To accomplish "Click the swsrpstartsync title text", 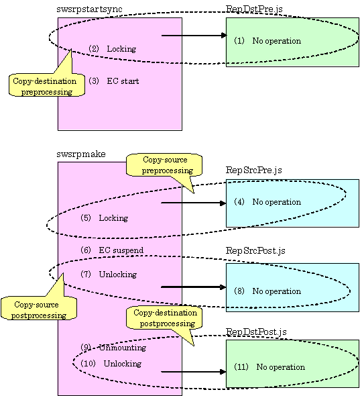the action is tap(89, 9).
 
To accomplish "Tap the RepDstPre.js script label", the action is tap(254, 9).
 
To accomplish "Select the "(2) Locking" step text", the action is tap(112, 49).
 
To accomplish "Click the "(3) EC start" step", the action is tap(114, 81).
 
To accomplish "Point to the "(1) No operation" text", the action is tap(267, 41).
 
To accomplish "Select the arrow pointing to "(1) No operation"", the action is tap(194, 36).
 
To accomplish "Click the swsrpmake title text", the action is tap(81, 154).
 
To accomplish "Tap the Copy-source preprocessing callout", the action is tap(164, 164).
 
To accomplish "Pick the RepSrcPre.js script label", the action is tap(253, 170).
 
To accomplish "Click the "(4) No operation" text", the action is tap(267, 202).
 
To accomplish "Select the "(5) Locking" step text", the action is tap(104, 218).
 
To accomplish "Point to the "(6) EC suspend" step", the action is tap(112, 250).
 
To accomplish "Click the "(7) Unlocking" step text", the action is tap(109, 275).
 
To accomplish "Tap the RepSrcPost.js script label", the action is tap(255, 251).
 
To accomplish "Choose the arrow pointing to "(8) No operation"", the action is tap(194, 287).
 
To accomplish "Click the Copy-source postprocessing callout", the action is tap(39, 308).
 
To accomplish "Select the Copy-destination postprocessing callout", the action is tap(164, 317).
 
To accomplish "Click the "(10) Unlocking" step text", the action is tap(111, 364).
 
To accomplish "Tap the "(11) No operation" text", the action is tap(269, 367).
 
